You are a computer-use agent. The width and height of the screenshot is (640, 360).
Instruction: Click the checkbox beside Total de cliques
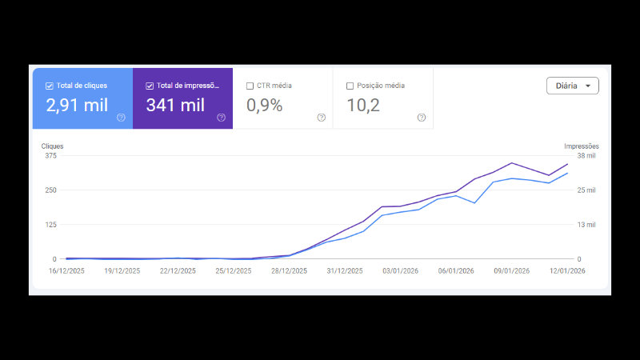(50, 86)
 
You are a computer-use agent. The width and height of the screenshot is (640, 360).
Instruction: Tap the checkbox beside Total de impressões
(150, 86)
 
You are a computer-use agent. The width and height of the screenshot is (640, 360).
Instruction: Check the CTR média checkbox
(250, 86)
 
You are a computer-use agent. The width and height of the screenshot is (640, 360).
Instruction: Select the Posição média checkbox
(350, 86)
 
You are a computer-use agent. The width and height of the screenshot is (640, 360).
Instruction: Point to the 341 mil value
(175, 106)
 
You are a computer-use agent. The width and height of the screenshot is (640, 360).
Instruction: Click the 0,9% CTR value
(264, 106)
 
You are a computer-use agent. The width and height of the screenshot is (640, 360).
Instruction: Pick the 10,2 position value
(363, 106)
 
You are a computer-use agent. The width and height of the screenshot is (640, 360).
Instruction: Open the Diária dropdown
(572, 86)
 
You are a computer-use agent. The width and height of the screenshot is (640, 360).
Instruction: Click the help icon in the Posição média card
(422, 118)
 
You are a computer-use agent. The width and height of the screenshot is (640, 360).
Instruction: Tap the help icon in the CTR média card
(321, 118)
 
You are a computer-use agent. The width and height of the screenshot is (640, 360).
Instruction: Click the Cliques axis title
(52, 146)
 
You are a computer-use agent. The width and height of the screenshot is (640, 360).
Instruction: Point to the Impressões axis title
(581, 146)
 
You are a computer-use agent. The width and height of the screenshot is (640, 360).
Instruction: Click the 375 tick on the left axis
(50, 156)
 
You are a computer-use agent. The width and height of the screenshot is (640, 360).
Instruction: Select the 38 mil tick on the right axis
(586, 156)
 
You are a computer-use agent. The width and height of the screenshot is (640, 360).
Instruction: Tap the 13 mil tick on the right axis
(586, 225)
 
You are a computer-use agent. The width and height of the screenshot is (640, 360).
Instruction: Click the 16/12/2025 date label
(66, 271)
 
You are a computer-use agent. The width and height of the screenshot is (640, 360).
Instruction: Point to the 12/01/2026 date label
(567, 271)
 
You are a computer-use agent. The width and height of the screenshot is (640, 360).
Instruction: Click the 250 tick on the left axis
(50, 190)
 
